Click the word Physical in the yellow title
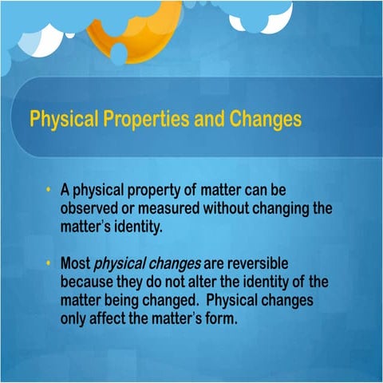click(x=58, y=120)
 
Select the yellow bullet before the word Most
click(x=49, y=262)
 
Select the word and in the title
click(x=207, y=120)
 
